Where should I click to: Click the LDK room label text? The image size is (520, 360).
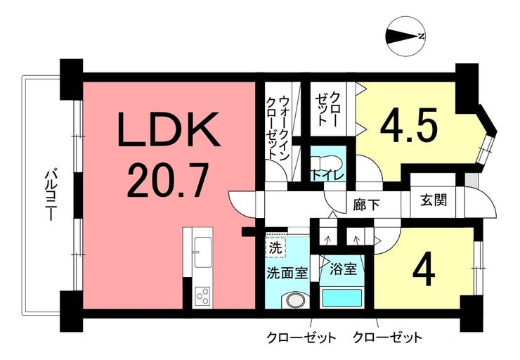coord(169,130)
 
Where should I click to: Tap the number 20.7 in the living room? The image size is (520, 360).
coord(168,179)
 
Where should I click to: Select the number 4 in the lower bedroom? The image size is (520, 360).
coord(424,269)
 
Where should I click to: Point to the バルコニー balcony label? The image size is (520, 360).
coord(51,195)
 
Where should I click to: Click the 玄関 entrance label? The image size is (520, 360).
coord(434,200)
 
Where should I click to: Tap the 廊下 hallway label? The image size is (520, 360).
coord(366,205)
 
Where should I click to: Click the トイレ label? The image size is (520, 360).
coord(327,175)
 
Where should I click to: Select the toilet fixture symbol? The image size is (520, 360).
coord(328,162)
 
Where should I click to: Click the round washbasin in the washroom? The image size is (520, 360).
coord(296,300)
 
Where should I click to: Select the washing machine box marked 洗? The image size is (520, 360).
coord(275,247)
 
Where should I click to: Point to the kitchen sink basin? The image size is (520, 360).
coord(203,252)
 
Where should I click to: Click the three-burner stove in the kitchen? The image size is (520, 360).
coord(202,296)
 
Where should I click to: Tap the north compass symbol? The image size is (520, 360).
coord(405,37)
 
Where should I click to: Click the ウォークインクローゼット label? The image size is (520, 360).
coord(279,127)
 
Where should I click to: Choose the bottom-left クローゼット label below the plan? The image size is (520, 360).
coord(301,337)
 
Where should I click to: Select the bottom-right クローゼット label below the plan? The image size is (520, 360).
coord(388,337)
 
